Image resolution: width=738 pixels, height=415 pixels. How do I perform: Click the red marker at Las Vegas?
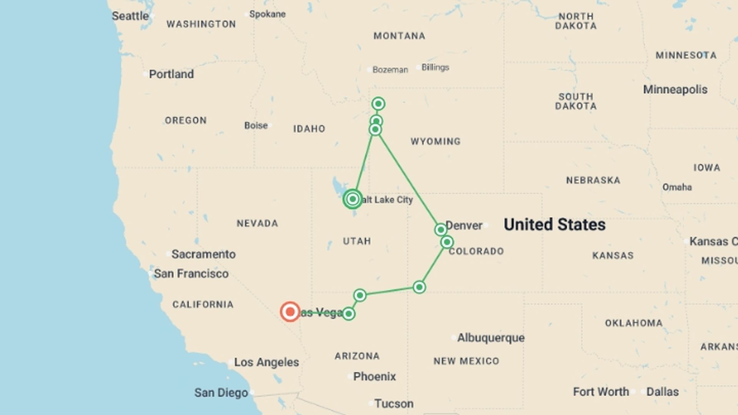[x=290, y=312]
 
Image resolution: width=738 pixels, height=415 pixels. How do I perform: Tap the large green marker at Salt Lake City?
[x=352, y=199]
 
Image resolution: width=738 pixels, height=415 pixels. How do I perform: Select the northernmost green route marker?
[x=378, y=104]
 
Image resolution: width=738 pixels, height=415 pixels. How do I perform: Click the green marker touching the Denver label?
[x=440, y=230]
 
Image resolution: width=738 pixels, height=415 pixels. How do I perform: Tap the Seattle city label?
[x=130, y=16]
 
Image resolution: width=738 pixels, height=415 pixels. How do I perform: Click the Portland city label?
[x=171, y=74]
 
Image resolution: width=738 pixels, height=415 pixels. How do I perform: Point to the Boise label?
[x=256, y=126]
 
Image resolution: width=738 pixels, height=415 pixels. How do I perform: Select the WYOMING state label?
[x=435, y=141]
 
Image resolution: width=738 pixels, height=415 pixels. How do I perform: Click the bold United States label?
[x=554, y=225]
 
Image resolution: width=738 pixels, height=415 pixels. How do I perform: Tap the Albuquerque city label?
[x=490, y=338]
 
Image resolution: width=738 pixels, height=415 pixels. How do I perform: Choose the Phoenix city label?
[x=374, y=377]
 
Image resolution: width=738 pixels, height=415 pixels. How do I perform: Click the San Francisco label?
[x=191, y=274]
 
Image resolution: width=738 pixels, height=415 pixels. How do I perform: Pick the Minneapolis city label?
[x=675, y=90]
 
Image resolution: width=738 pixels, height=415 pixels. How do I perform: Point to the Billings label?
[x=435, y=68]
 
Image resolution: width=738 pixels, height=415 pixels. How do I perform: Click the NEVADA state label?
[x=257, y=223]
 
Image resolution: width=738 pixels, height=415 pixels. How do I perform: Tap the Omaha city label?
[x=677, y=187]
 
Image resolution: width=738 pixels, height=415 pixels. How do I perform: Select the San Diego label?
[x=221, y=393]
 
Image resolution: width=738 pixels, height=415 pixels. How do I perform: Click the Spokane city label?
[x=267, y=14]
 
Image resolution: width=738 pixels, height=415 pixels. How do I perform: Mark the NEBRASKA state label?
[x=593, y=180]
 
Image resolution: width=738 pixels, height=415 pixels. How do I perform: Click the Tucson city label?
[x=394, y=403]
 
